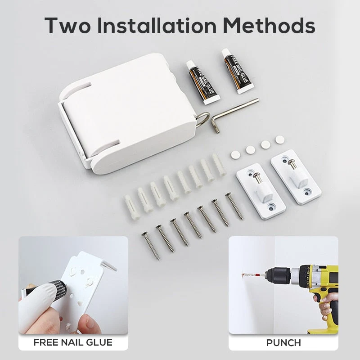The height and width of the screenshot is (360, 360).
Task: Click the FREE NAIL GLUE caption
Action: coord(73,342)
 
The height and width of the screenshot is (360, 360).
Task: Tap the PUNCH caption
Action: coord(283,343)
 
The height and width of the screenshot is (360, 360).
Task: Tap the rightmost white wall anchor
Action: coord(218,164)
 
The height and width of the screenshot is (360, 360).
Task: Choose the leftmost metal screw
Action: coord(151,246)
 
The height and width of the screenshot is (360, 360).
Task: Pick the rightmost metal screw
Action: coord(234,206)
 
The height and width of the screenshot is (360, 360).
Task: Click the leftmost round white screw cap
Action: coord(235,155)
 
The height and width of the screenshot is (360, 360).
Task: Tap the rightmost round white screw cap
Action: coord(280,140)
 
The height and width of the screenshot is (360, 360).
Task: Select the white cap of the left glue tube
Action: coord(190,65)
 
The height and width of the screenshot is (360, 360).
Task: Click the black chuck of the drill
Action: coord(277,274)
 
